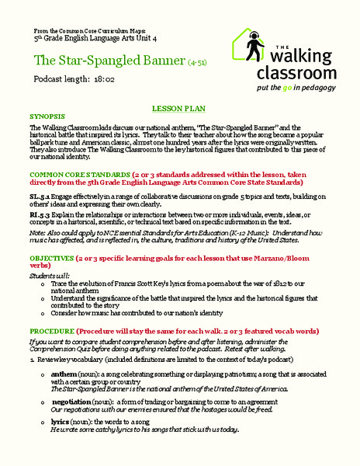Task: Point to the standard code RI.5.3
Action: [x=40, y=224]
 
